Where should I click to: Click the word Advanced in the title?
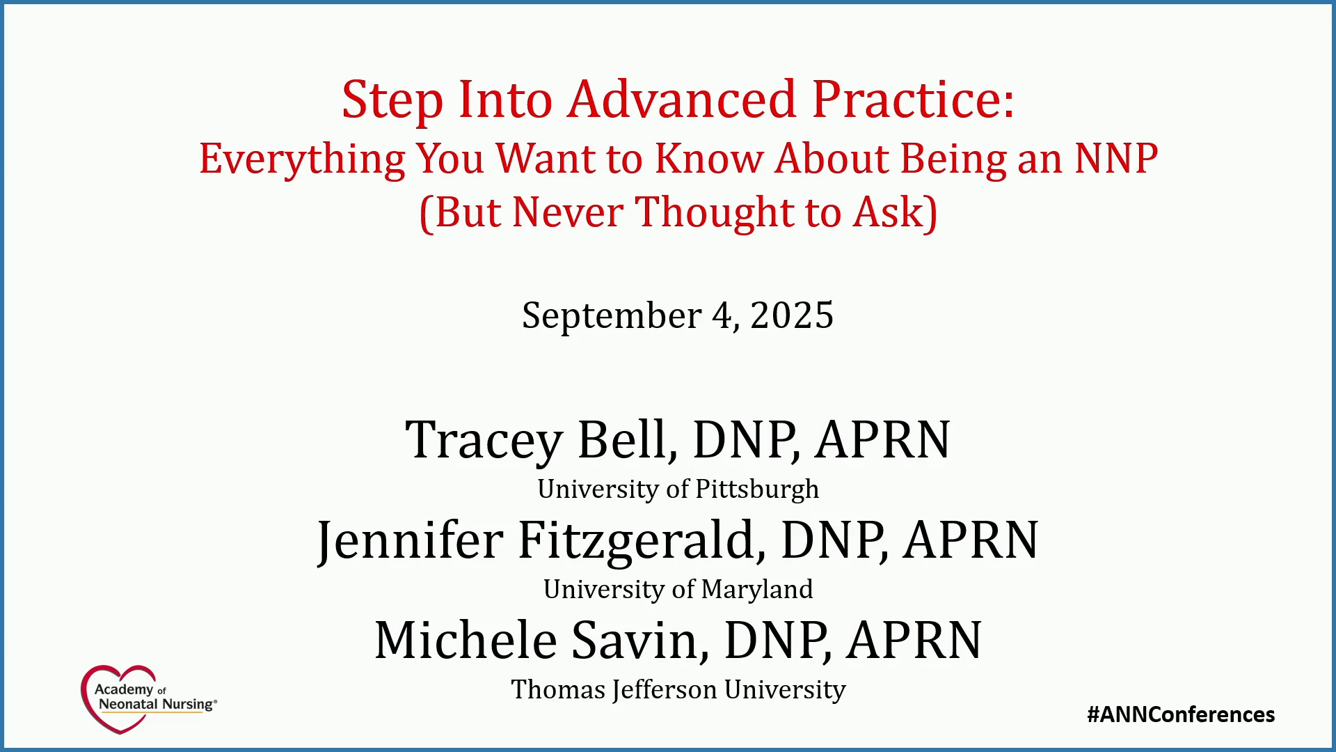pyautogui.click(x=682, y=99)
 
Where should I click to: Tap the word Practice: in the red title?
pyautogui.click(x=913, y=99)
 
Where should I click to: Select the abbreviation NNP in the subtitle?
pyautogui.click(x=1116, y=158)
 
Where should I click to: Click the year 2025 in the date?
pyautogui.click(x=792, y=315)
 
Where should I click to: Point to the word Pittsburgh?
pyautogui.click(x=757, y=489)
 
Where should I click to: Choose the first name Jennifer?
pyautogui.click(x=410, y=542)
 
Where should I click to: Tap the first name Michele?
pyautogui.click(x=466, y=640)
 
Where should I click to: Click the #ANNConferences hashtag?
pyautogui.click(x=1181, y=714)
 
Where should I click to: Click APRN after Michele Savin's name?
pyautogui.click(x=914, y=640)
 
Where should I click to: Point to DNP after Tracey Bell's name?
pyautogui.click(x=746, y=439)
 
